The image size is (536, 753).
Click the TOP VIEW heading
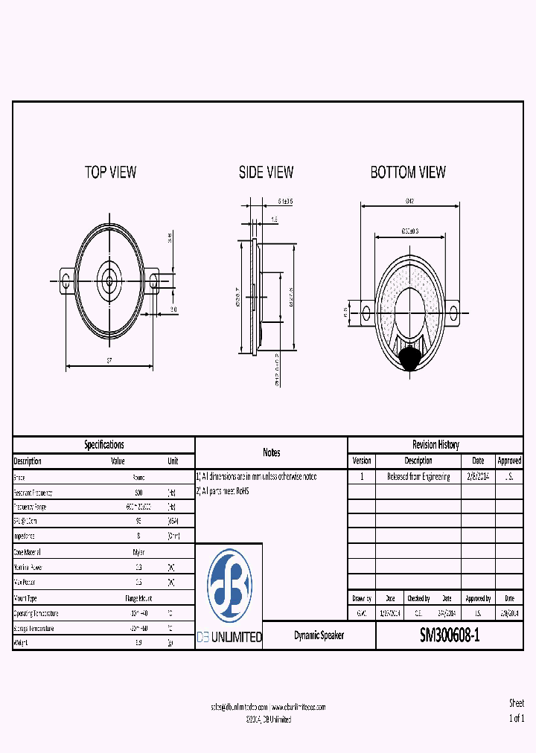tap(110, 172)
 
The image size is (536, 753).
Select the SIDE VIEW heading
tap(266, 172)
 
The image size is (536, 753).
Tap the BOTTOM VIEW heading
tap(408, 172)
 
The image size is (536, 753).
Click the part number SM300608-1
tap(450, 635)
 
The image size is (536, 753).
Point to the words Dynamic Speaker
tap(319, 636)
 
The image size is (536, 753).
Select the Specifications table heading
tap(103, 445)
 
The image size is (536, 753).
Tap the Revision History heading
tap(435, 445)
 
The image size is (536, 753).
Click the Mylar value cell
tap(138, 552)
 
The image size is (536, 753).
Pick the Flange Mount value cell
tap(138, 598)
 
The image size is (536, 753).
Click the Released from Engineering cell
tap(418, 476)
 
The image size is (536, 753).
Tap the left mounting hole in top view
tap(66, 281)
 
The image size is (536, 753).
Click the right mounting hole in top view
tap(155, 281)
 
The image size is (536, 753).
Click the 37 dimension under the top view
tap(109, 361)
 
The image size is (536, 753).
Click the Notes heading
tap(271, 452)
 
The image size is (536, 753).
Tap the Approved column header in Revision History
tap(509, 461)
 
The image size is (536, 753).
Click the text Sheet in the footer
tap(516, 703)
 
